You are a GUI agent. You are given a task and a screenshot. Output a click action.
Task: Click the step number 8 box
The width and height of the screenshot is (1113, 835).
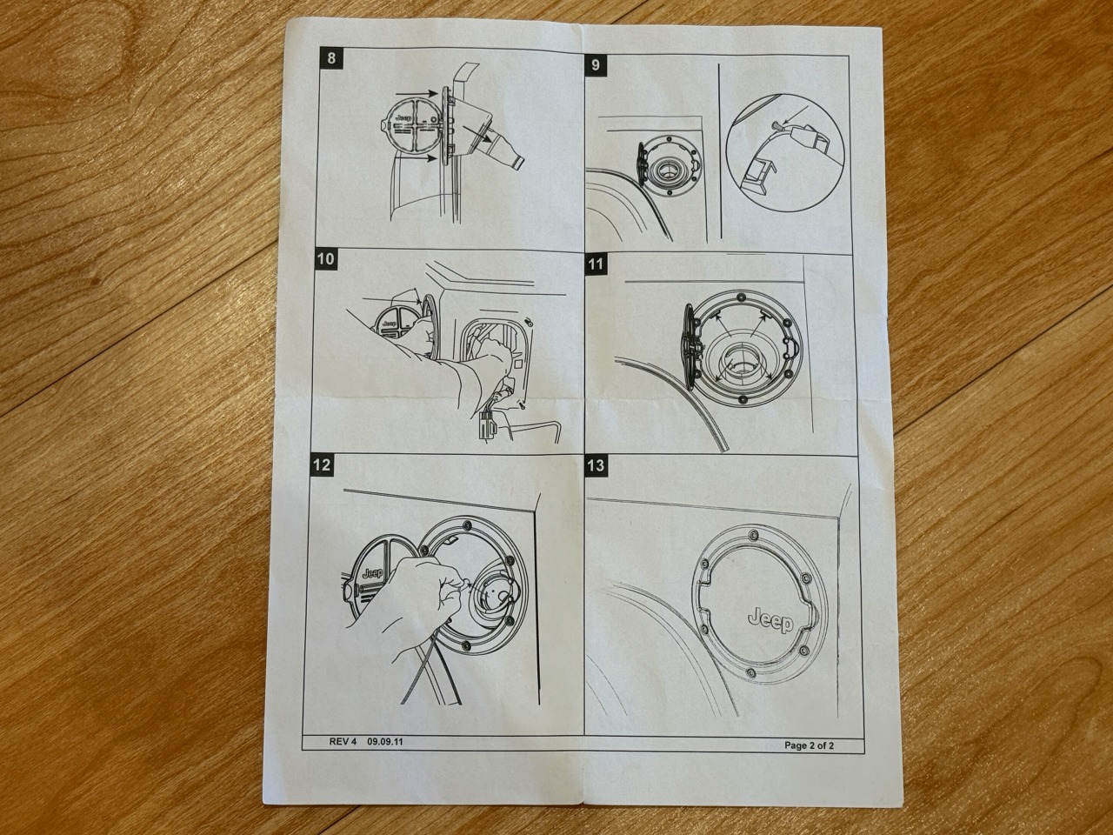coord(331,57)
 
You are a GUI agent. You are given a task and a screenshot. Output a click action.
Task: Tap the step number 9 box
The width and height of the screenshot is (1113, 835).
coord(596,65)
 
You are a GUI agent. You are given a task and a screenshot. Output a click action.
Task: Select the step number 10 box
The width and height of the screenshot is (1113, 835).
coord(325,259)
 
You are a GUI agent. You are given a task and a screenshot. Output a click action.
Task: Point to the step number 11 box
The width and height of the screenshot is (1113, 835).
coord(596,264)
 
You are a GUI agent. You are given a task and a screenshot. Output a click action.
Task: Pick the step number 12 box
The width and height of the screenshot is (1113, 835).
coord(322,464)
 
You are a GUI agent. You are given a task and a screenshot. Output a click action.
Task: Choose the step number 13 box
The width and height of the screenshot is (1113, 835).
coord(596,465)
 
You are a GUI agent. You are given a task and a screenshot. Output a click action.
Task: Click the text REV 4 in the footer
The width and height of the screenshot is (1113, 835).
coord(343,741)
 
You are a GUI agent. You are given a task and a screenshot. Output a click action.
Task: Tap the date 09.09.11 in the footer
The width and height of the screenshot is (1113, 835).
coord(385,741)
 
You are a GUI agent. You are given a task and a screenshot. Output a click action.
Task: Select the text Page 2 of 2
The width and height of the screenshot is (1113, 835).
coord(810,745)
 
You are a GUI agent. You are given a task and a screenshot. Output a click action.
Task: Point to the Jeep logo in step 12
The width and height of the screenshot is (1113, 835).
coord(373,573)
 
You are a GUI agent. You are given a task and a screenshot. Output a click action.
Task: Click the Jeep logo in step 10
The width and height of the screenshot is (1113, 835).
coord(390,324)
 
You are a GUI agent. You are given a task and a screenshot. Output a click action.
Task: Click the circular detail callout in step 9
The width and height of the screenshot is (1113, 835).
coord(784,154)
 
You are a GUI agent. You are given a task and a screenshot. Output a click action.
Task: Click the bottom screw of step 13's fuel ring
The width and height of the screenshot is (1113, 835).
coord(750,672)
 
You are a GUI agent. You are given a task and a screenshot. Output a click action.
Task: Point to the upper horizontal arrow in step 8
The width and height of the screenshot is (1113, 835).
coord(416,94)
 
